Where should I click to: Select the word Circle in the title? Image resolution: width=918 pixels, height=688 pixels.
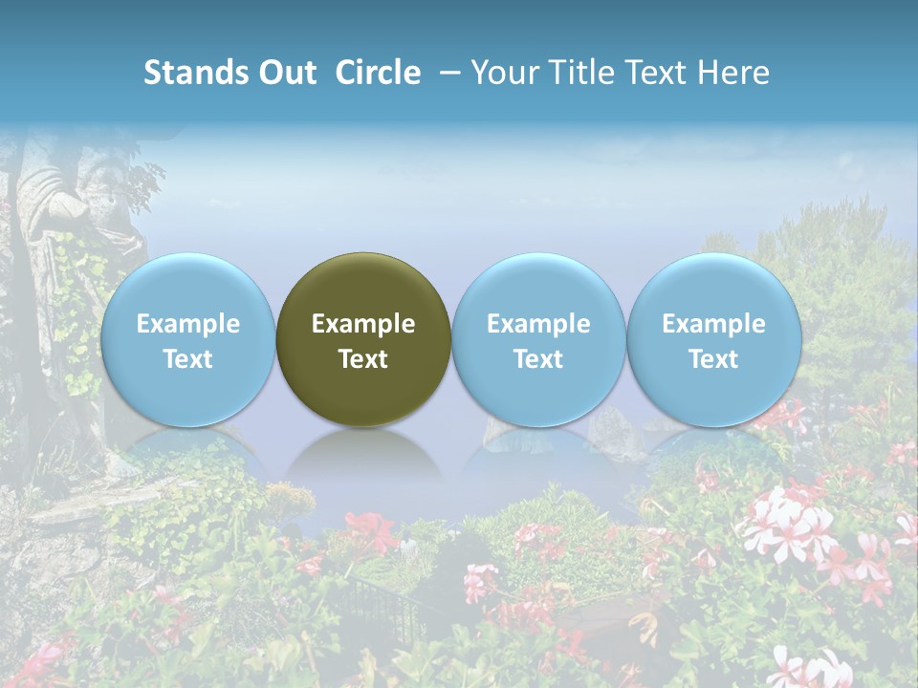tap(378, 73)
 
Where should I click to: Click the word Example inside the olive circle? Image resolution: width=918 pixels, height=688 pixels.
tap(363, 324)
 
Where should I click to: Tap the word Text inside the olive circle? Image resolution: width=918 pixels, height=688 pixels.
tap(363, 359)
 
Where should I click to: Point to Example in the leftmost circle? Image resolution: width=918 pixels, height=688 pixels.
tap(187, 324)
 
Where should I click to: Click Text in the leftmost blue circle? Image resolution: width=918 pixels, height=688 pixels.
tap(187, 359)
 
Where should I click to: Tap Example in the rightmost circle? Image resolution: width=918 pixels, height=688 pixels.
tap(713, 324)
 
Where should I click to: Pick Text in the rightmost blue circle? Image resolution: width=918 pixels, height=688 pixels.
tap(713, 359)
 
